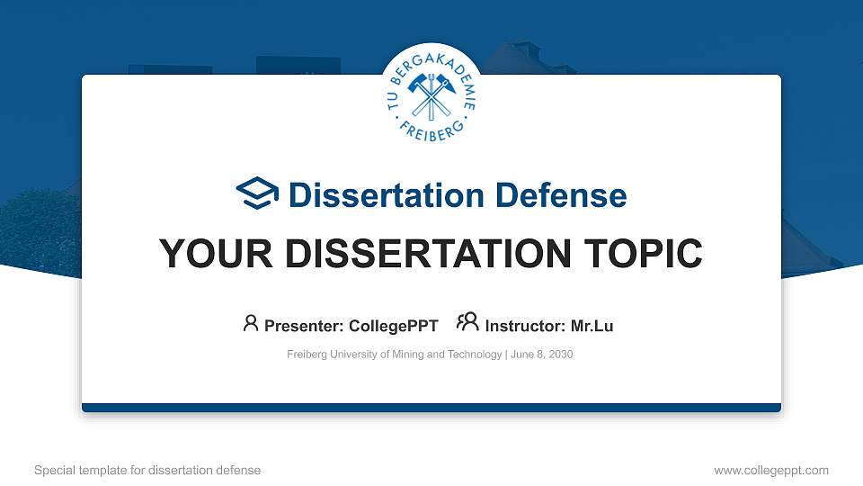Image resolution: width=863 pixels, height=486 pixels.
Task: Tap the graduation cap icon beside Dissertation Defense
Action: [x=258, y=194]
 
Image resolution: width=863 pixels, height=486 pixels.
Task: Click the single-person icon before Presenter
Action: [x=251, y=323]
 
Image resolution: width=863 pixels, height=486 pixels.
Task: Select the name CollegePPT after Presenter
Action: [x=393, y=326]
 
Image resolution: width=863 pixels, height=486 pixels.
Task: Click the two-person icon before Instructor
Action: [x=467, y=323]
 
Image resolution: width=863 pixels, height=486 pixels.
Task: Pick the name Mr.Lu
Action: [x=592, y=326]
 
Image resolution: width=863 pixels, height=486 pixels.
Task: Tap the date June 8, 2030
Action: [x=542, y=355]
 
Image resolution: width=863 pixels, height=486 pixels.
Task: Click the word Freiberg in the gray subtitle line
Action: [x=307, y=355]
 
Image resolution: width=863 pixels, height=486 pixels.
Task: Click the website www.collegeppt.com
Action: [x=771, y=470]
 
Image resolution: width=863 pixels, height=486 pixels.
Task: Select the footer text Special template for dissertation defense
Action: [x=147, y=470]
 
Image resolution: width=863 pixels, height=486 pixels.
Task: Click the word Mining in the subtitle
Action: [x=405, y=355]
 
